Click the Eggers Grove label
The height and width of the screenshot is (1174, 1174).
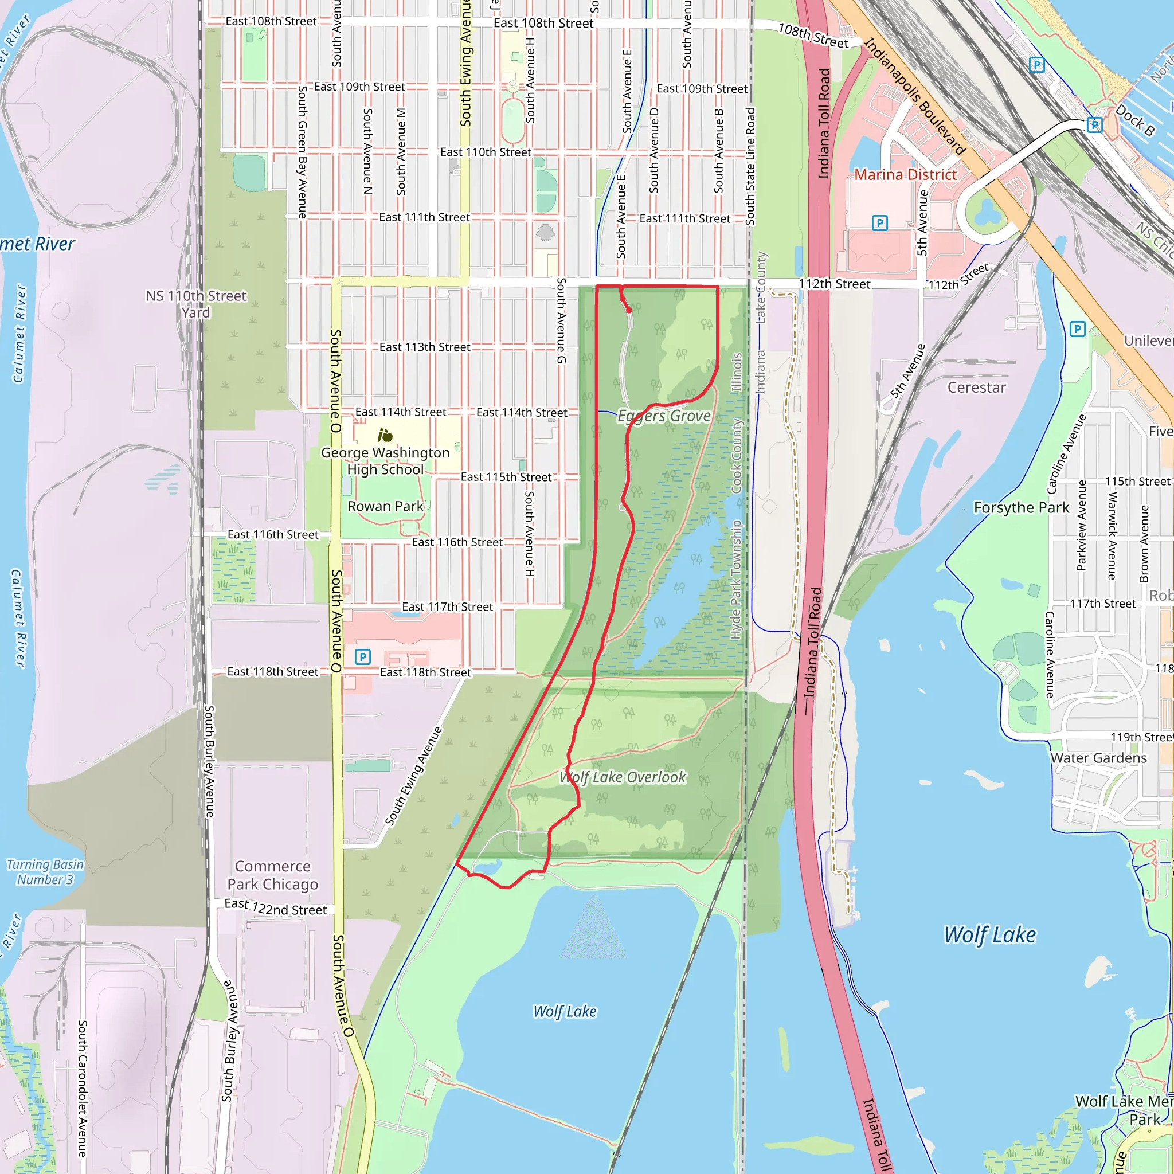tap(664, 416)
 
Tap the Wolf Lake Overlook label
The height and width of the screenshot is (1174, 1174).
tap(623, 777)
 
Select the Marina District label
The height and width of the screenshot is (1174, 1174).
tap(905, 175)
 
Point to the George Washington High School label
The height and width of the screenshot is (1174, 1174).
tap(385, 461)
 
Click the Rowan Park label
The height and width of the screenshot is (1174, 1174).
tap(385, 506)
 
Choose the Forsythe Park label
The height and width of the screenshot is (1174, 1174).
tap(1021, 507)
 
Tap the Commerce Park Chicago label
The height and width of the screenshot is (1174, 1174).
tap(273, 875)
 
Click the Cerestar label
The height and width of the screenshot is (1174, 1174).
tap(976, 388)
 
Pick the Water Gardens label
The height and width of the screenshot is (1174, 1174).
tap(1099, 758)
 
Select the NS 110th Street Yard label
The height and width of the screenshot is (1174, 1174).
tap(195, 304)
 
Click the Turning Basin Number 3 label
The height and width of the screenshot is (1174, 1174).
tap(45, 872)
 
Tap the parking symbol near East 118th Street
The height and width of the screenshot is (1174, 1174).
tap(363, 657)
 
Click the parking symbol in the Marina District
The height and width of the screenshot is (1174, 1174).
tap(879, 223)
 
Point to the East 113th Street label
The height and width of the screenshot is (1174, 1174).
tap(425, 347)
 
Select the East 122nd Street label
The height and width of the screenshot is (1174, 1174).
tap(275, 907)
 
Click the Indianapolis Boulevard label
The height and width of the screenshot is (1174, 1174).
tap(914, 96)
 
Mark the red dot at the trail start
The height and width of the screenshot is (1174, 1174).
tap(629, 310)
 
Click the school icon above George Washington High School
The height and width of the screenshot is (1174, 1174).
tap(385, 435)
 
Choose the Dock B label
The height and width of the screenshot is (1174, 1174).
tap(1134, 120)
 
